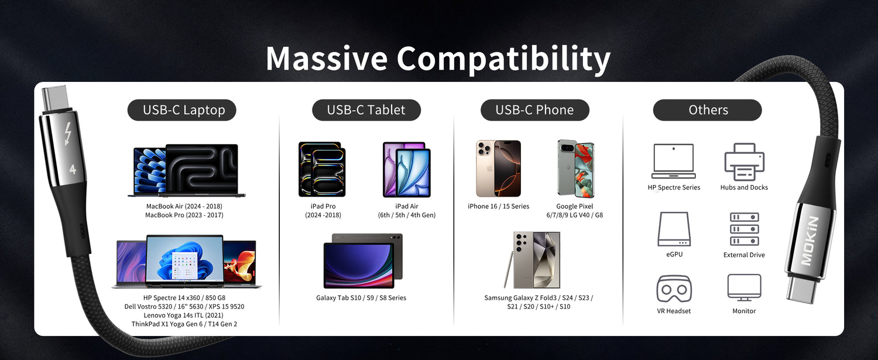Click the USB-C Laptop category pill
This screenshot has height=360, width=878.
[182, 110]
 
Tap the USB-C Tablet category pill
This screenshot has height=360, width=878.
[366, 110]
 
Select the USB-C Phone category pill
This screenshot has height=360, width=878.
[534, 110]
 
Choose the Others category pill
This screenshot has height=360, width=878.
[708, 110]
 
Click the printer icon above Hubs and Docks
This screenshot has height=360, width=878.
[745, 162]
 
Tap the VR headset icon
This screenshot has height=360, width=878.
[674, 289]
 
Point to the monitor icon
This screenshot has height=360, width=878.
[744, 287]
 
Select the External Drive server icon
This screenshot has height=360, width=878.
[745, 229]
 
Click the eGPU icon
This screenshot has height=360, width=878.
[674, 229]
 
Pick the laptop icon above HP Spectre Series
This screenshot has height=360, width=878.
[674, 161]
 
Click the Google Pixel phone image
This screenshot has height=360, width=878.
[576, 169]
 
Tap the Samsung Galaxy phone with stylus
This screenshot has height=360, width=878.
[533, 259]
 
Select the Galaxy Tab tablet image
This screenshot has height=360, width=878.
[363, 261]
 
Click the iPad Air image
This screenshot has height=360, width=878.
[406, 169]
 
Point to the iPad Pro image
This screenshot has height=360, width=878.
[322, 169]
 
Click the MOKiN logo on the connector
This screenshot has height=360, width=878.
[809, 241]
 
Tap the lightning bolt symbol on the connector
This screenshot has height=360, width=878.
[68, 134]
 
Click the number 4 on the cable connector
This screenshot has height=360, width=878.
[73, 169]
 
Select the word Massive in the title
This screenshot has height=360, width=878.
[327, 58]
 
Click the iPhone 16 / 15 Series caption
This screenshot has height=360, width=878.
[498, 206]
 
